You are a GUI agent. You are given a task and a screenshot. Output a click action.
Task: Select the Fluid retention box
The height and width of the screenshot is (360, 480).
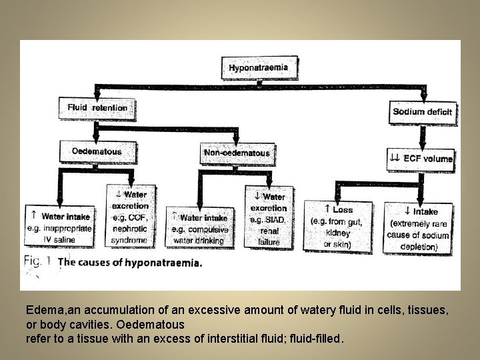coord(97,108)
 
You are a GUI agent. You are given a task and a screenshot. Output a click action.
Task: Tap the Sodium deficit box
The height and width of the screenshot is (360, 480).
coord(422,111)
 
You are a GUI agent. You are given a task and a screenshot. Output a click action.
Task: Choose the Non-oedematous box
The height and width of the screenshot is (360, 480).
coord(236,153)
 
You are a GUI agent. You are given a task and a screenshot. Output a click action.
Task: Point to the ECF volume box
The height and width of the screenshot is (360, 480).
coord(421,159)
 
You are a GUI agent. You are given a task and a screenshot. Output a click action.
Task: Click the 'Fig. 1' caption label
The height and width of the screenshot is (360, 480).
coord(38,261)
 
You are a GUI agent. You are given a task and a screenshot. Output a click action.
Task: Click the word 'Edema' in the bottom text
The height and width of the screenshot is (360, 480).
coord(41,311)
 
